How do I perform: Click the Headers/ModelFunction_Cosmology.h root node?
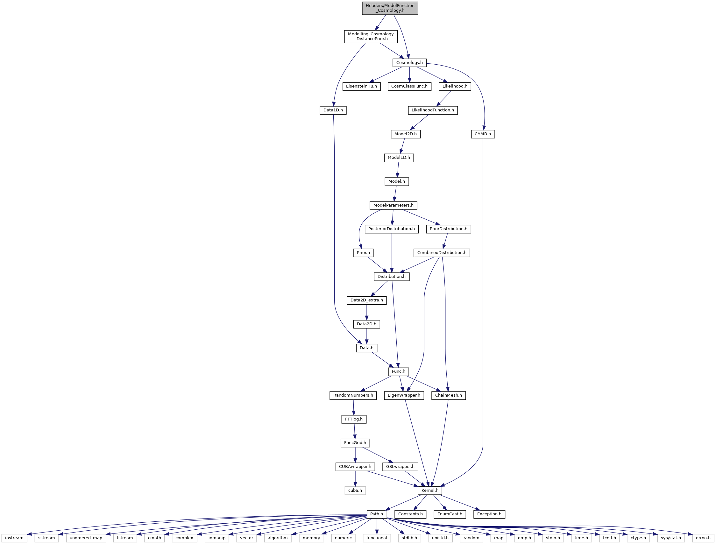pyautogui.click(x=390, y=8)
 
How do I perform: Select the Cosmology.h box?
pyautogui.click(x=409, y=62)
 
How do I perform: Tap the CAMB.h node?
pyautogui.click(x=483, y=134)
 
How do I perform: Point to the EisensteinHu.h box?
pyautogui.click(x=361, y=87)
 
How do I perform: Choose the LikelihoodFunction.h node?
pyautogui.click(x=433, y=110)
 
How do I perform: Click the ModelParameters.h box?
pyautogui.click(x=393, y=205)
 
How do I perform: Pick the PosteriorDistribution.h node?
pyautogui.click(x=392, y=229)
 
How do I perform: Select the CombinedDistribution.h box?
pyautogui.click(x=442, y=252)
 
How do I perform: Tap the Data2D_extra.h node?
pyautogui.click(x=366, y=300)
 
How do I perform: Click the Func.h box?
pyautogui.click(x=398, y=371)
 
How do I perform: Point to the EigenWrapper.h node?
pyautogui.click(x=404, y=395)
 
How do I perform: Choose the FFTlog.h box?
pyautogui.click(x=354, y=419)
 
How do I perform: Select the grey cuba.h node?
pyautogui.click(x=355, y=491)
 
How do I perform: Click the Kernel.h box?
pyautogui.click(x=430, y=491)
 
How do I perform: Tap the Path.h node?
pyautogui.click(x=377, y=514)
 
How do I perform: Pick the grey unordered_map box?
pyautogui.click(x=86, y=538)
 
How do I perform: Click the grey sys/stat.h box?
pyautogui.click(x=670, y=538)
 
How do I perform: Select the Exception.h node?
pyautogui.click(x=489, y=514)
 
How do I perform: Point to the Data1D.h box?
pyautogui.click(x=333, y=110)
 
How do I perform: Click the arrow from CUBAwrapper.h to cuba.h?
pyautogui.click(x=355, y=479)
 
